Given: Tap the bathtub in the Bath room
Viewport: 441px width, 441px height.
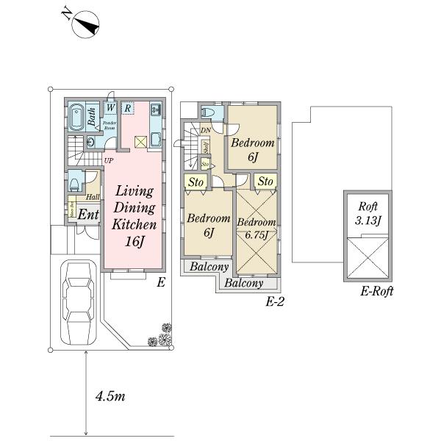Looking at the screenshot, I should click(x=76, y=117).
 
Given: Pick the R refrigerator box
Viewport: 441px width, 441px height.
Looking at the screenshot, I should click(x=127, y=107).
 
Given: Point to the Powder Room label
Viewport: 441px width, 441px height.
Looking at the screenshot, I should click(x=110, y=124).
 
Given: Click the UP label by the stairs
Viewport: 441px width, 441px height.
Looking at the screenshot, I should click(x=108, y=160).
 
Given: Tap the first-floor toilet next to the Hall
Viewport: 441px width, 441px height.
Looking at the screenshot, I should click(x=76, y=181).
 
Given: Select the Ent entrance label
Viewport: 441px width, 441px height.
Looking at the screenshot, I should click(x=87, y=215).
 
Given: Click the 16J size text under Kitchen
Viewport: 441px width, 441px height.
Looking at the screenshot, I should click(x=135, y=241).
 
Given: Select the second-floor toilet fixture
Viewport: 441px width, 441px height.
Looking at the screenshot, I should click(x=209, y=112).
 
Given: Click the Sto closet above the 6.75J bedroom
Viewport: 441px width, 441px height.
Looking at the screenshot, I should click(x=265, y=181).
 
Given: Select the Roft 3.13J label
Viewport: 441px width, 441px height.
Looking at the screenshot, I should click(x=368, y=214).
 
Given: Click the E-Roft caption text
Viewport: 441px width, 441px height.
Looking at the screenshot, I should click(x=377, y=292).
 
